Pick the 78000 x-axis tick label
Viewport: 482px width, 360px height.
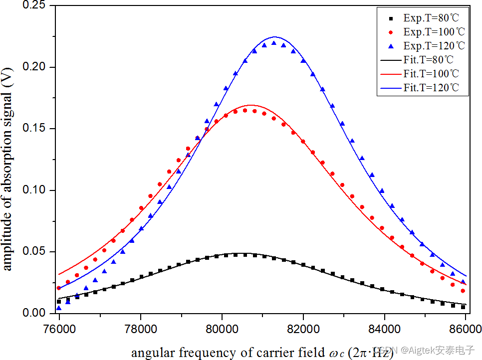coord(141,330)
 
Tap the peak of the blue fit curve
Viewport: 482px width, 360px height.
coord(274,37)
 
